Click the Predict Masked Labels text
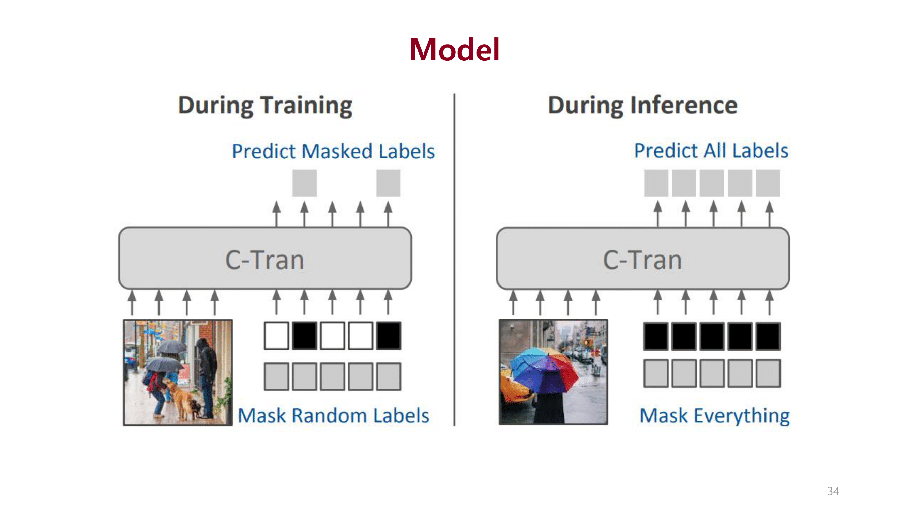tap(333, 151)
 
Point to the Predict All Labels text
tap(711, 151)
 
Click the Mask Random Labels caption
tap(333, 415)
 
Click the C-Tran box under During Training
tap(264, 259)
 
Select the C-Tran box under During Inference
tap(642, 259)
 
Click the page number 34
tap(833, 491)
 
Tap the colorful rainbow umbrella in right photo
tap(543, 369)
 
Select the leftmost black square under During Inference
tap(656, 336)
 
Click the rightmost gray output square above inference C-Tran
tap(768, 183)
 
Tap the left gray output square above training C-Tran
tap(304, 183)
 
